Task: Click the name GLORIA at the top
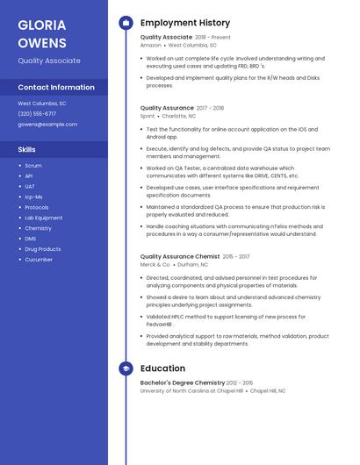coord(41,25)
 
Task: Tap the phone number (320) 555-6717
coord(37,113)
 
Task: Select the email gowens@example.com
coord(47,125)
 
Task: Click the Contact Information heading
coord(56,88)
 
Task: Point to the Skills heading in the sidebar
coord(26,150)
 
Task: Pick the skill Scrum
coord(33,165)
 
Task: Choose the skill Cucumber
coord(39,260)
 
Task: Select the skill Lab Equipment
coord(43,218)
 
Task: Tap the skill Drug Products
coord(42,249)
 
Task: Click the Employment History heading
coord(185,23)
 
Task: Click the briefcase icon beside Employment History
coord(126,23)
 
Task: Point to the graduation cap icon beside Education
coord(126,368)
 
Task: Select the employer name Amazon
coord(151,45)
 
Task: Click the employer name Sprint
coord(148,115)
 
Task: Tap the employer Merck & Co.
coord(155,264)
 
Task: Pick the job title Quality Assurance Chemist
coord(180,256)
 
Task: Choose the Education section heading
coord(162,368)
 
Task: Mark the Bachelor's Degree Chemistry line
coord(183,383)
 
